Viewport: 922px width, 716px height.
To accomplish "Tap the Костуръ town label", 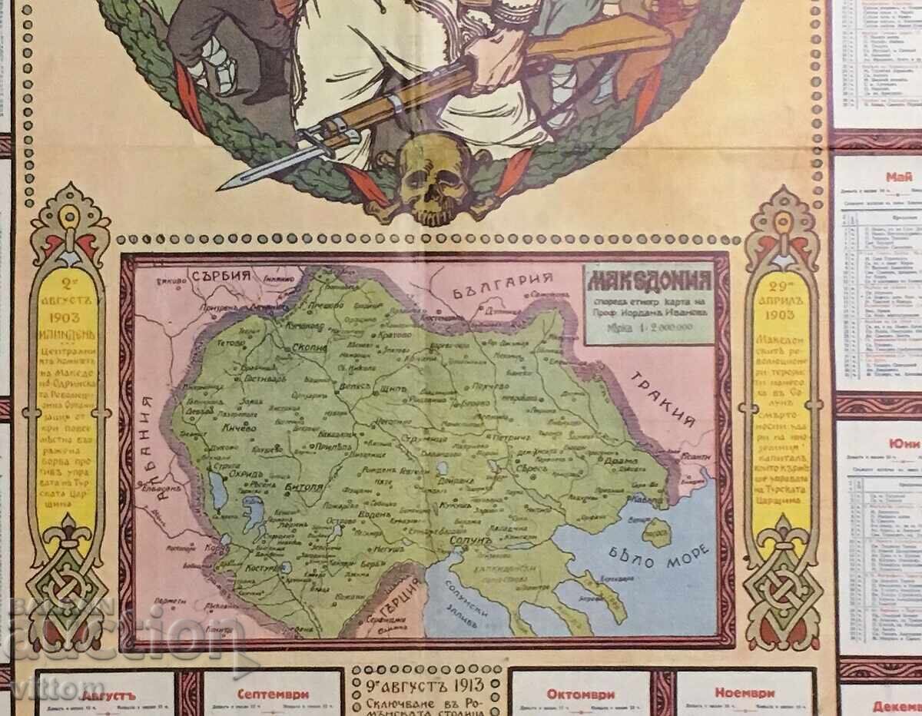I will [x=258, y=568].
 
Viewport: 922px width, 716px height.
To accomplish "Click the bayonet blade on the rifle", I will [x=254, y=174].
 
